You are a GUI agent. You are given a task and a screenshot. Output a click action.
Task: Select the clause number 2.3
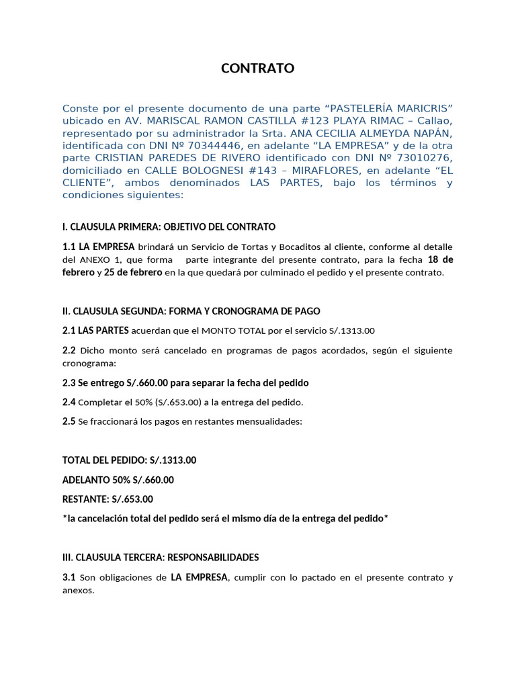[69, 383]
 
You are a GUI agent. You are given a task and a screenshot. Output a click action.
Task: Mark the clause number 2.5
[69, 422]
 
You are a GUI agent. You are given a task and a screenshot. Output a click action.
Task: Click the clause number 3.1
[69, 578]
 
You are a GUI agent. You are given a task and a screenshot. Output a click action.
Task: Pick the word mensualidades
[267, 422]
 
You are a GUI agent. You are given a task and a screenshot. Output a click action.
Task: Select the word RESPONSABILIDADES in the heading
[213, 558]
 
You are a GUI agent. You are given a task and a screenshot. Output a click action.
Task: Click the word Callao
[437, 121]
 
